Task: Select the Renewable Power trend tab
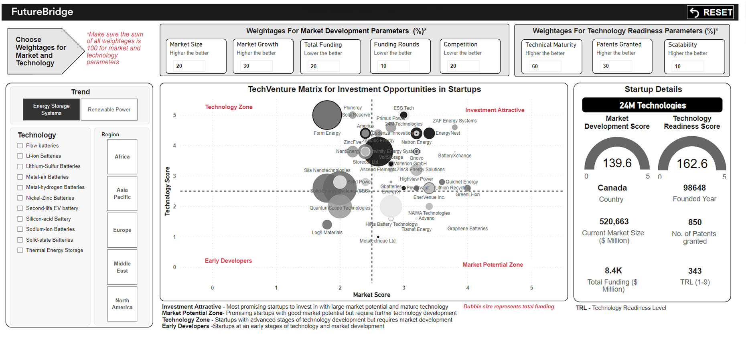pos(109,109)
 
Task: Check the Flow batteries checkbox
pos(20,146)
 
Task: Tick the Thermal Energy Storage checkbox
pos(20,250)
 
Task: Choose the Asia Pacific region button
pos(122,194)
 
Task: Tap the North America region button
pos(122,304)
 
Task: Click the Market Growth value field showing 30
pos(255,66)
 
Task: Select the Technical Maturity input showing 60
pos(544,66)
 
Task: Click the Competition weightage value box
pos(462,66)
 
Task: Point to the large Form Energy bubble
pos(327,115)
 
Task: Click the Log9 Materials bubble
pos(327,224)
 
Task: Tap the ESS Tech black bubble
pos(404,115)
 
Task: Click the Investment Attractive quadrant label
pos(495,110)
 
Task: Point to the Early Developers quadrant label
pos(228,261)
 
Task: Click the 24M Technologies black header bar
pos(652,105)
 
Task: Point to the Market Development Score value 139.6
pos(617,163)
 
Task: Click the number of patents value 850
pos(695,222)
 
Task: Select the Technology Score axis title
pos(168,191)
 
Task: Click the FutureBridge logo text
pos(42,12)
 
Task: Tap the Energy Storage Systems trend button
pos(51,109)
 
